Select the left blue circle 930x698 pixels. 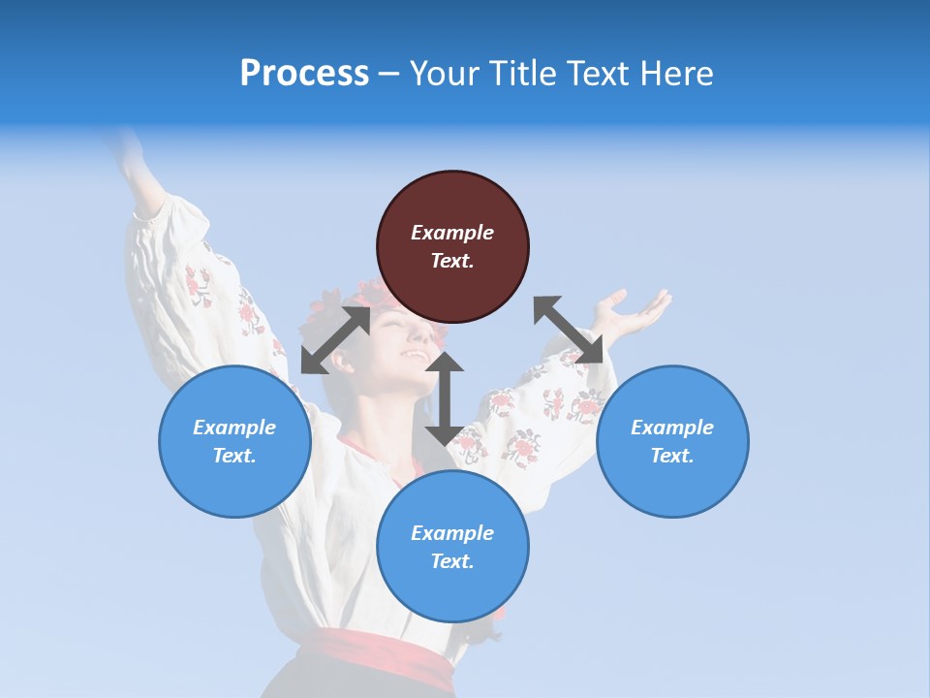[234, 441]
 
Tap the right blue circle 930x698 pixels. [672, 441]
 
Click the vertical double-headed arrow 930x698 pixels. [445, 398]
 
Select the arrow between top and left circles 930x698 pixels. [335, 340]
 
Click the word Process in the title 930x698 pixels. [304, 73]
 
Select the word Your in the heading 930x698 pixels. [444, 74]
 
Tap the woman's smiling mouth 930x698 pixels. [414, 355]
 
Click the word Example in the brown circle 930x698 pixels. [452, 233]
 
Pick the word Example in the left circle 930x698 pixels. [234, 428]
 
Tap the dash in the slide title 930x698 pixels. [389, 74]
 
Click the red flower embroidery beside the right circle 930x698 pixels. [585, 405]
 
